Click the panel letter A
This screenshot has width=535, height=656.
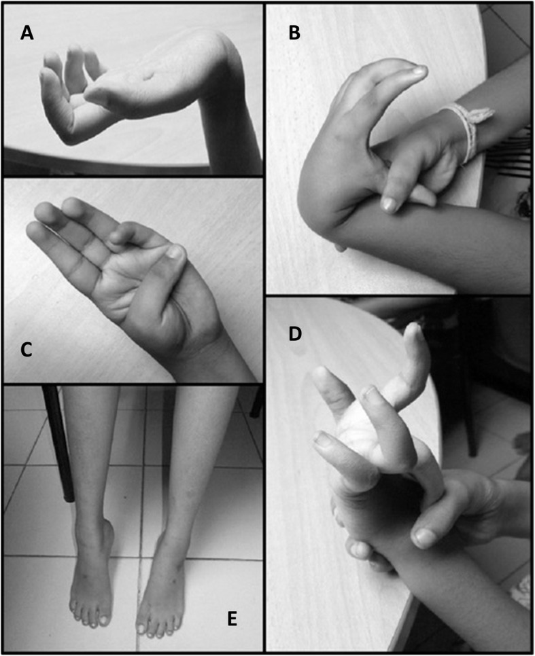(x=27, y=33)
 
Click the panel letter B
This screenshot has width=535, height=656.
(x=294, y=33)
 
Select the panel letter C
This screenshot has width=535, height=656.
(x=27, y=350)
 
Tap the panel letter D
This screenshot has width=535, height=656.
(x=295, y=334)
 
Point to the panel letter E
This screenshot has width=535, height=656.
(x=232, y=619)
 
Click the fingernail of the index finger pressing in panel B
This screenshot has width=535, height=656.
(x=388, y=204)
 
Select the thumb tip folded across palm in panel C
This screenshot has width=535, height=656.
(x=175, y=252)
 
